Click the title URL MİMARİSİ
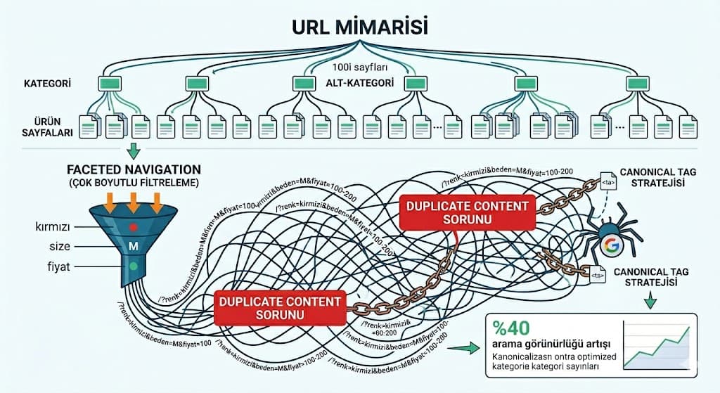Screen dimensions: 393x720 (x=360, y=25)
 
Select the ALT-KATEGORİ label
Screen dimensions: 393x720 (x=360, y=83)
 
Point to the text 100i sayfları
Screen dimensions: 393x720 (x=359, y=68)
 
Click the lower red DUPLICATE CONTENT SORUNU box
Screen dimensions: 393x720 (x=281, y=308)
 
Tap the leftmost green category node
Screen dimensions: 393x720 (x=110, y=83)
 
